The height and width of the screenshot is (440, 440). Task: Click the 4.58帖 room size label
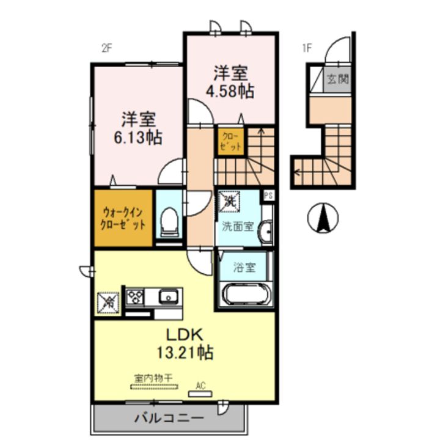coord(230,92)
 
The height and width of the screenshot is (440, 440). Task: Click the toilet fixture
coord(168,222)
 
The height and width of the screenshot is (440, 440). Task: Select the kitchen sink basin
coord(168,298)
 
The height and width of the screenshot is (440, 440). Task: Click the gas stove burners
coord(134,297)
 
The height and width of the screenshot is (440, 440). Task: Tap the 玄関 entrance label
coord(337,79)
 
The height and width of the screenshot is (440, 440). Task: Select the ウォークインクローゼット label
coord(123,218)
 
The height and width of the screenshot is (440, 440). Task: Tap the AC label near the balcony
coord(200,385)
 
